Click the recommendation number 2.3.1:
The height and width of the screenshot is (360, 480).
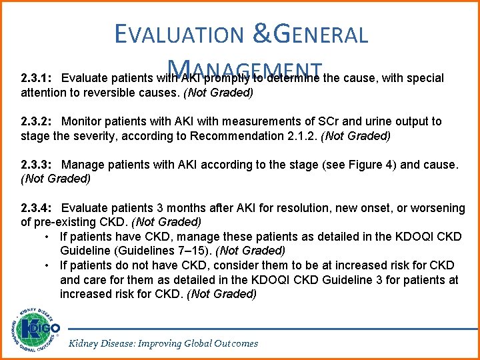pos(37,79)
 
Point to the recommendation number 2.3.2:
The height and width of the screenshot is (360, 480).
pos(37,121)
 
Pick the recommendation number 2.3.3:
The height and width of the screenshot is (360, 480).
pos(37,164)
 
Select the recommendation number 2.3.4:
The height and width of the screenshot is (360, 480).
pos(37,208)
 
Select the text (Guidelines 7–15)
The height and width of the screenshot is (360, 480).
pos(163,251)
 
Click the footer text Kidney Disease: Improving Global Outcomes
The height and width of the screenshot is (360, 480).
pos(163,343)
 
